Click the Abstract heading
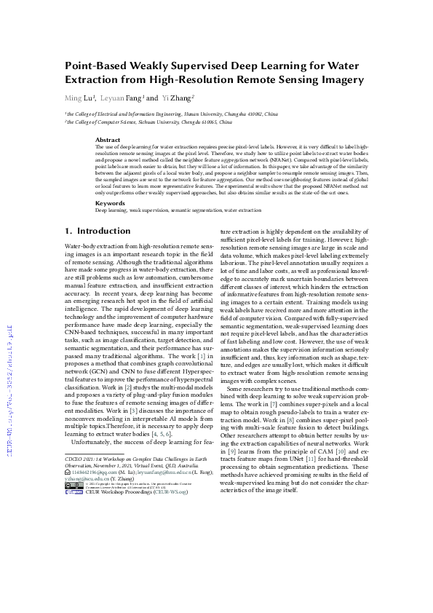(x=108, y=139)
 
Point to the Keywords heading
(x=111, y=203)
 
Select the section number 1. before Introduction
(x=69, y=231)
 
